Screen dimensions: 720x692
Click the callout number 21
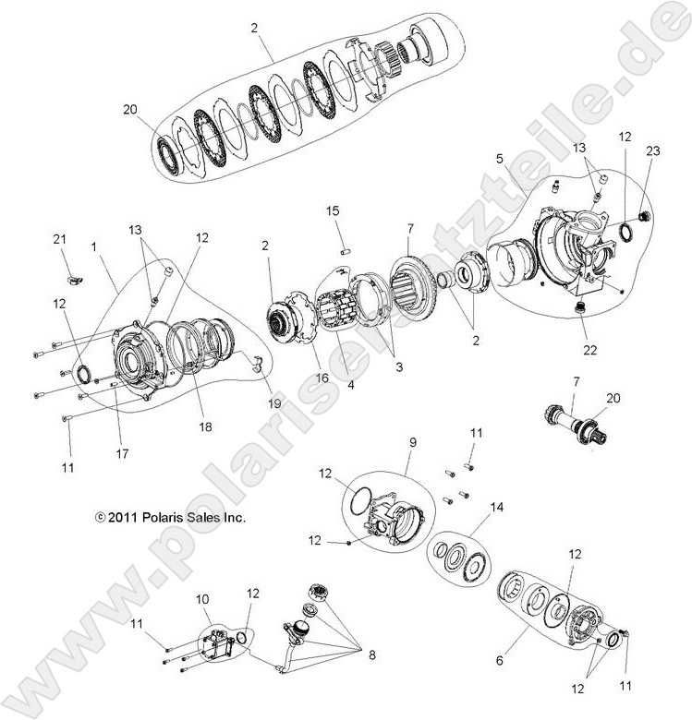pos(60,240)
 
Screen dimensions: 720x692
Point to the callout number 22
pos(590,350)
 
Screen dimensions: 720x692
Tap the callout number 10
pos(201,598)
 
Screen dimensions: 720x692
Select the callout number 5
pos(499,158)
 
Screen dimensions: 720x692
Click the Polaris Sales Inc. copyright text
pos(168,518)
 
